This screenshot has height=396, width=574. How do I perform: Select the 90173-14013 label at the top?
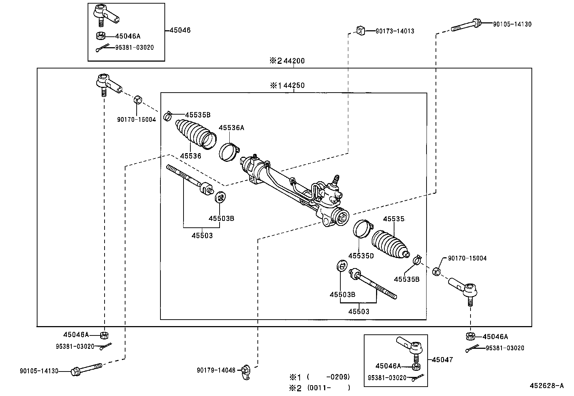click(395, 31)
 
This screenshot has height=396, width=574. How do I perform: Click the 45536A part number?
click(231, 128)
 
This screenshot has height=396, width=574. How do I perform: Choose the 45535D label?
click(361, 256)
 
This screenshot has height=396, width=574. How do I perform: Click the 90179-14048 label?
click(216, 370)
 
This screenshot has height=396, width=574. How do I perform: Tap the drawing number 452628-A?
click(546, 386)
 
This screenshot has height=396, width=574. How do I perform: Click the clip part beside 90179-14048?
click(246, 372)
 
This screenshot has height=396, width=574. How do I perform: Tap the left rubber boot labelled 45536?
click(195, 135)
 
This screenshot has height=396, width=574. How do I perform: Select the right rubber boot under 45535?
click(390, 245)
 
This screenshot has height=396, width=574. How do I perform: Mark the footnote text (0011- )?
click(328, 388)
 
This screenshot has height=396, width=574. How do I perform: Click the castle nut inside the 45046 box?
click(101, 36)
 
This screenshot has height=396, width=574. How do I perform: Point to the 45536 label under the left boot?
click(190, 156)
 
